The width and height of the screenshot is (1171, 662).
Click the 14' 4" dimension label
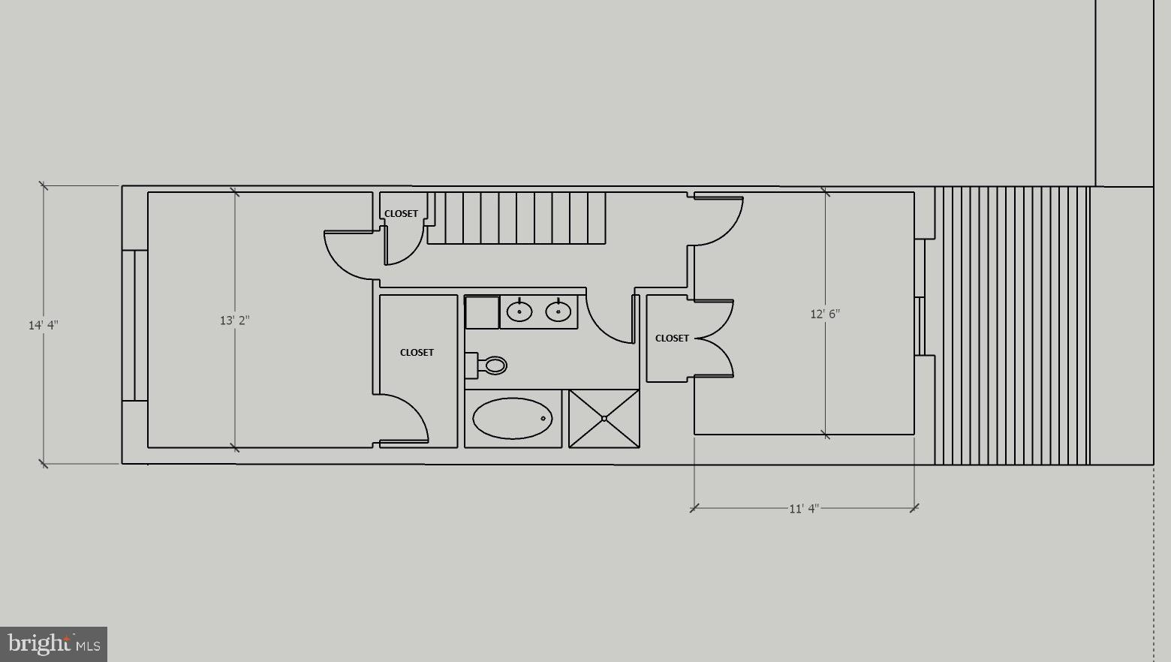pos(44,325)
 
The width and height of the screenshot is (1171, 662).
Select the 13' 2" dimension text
pos(235,320)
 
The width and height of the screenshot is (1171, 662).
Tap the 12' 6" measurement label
pos(825,314)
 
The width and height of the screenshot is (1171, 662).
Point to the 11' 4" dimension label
pos(804,508)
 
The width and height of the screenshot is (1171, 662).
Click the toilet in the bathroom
pos(486,365)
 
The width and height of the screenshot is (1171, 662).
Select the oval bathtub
pos(512,418)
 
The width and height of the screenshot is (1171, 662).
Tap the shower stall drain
pos(604,418)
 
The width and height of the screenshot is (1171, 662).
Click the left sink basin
pos(519,311)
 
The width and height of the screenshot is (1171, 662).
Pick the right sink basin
pos(558,311)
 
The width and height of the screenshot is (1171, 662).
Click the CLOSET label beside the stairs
pos(401,214)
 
